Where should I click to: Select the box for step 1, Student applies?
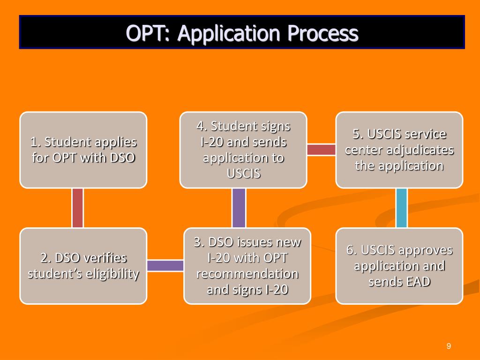(83, 150)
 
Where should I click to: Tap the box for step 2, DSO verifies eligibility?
(83, 266)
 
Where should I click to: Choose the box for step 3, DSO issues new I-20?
(247, 266)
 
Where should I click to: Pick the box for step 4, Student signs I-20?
(243, 150)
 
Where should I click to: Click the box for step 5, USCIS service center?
(399, 150)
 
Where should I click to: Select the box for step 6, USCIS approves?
(399, 266)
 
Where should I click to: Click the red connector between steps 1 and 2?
(78, 208)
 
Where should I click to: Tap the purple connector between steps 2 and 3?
(165, 266)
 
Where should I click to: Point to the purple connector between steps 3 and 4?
(239, 208)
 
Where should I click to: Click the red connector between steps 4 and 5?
(321, 150)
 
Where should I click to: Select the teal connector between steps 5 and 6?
(401, 208)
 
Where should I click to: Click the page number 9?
(449, 346)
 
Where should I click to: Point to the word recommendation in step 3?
(247, 273)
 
